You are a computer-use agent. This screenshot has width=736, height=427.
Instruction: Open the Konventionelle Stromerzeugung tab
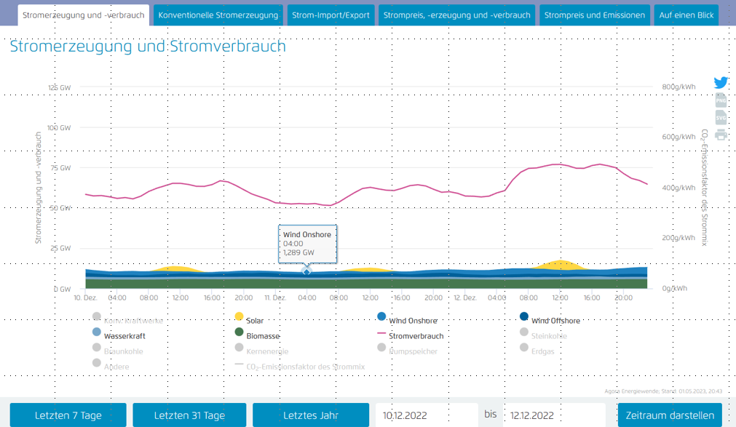[218, 15]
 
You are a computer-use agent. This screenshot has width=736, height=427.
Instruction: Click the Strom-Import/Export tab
[331, 15]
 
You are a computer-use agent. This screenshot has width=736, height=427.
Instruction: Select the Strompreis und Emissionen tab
[594, 15]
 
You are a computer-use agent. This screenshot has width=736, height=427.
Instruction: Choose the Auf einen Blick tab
[686, 15]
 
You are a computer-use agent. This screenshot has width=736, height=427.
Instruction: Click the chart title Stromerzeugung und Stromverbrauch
[148, 47]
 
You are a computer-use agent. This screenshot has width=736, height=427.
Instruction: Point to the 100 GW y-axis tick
[58, 127]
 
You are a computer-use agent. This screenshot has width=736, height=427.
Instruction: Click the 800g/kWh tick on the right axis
[678, 87]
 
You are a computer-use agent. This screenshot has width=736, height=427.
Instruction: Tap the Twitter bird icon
[720, 83]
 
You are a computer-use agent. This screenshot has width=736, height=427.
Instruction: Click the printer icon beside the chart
[721, 135]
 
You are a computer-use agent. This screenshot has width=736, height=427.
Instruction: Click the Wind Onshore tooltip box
[307, 243]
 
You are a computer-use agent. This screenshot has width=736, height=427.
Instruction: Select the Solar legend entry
[254, 320]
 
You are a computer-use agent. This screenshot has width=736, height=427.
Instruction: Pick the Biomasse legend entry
[262, 336]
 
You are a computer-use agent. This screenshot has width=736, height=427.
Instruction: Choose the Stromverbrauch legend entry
[416, 336]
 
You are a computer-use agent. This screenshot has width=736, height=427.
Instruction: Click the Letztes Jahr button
[311, 415]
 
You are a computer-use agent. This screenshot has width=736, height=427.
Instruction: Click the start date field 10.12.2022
[427, 415]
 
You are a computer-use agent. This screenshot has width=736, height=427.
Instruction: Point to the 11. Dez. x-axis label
[274, 297]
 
